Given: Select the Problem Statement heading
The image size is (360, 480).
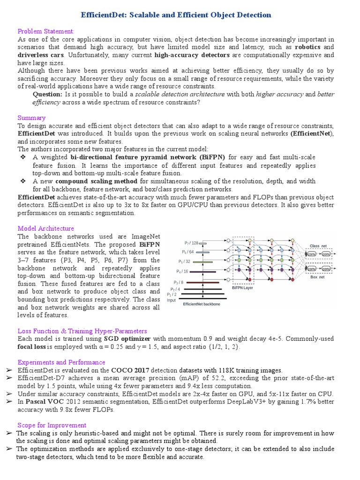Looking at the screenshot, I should coord(46,31).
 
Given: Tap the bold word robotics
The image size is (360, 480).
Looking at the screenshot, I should coord(307,47).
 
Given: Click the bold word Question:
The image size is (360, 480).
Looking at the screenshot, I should coord(47,94).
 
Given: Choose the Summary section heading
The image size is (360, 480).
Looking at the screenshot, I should coord(31,118).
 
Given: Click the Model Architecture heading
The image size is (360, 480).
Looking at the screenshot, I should coord(45,228).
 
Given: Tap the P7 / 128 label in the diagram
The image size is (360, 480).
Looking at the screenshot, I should coord(191,243).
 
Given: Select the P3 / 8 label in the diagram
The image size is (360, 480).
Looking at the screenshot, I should coord(179,282).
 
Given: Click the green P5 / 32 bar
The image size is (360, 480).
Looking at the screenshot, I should coord(202,262).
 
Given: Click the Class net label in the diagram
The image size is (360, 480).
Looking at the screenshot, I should coord(318,246).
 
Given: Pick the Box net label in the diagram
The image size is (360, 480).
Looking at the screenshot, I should coord(317,277).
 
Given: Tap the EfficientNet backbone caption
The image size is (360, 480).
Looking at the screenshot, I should coord(201,304).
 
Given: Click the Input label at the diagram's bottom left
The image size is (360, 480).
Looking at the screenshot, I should coord(172,300).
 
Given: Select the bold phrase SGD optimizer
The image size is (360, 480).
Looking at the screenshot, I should coord(128,338).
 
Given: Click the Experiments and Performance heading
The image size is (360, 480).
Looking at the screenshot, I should coord(61,362).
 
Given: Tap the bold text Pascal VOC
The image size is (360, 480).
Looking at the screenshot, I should coord(45,402).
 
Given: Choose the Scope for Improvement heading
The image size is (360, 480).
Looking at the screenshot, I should coord(52,425).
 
